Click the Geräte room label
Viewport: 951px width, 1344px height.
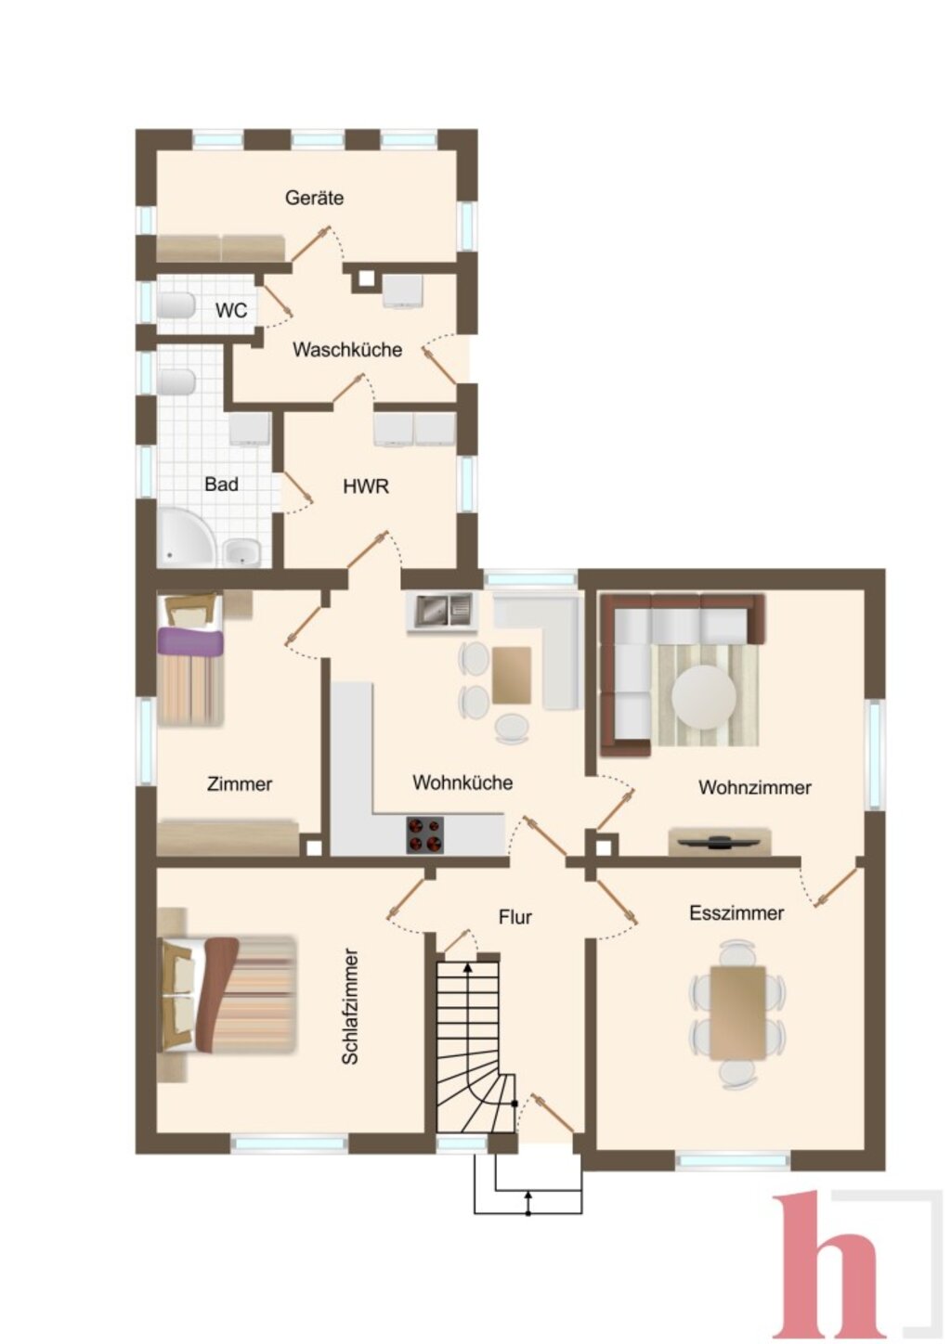tap(314, 198)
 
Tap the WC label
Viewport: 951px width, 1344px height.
tap(231, 311)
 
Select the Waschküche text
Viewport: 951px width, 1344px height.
tap(347, 350)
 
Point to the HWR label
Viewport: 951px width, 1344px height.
tap(366, 486)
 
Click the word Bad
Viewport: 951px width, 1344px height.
tap(221, 485)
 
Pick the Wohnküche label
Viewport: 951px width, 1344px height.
tap(462, 782)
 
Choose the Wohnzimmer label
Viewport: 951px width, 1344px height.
tap(755, 787)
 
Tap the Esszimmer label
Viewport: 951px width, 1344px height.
tap(736, 913)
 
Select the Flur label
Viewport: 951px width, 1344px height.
tap(515, 917)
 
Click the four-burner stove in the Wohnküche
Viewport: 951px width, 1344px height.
tap(425, 834)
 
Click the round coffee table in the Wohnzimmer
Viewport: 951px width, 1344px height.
tap(704, 697)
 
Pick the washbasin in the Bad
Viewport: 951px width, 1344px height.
tap(242, 552)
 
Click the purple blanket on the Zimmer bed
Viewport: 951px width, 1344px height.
tap(189, 641)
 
